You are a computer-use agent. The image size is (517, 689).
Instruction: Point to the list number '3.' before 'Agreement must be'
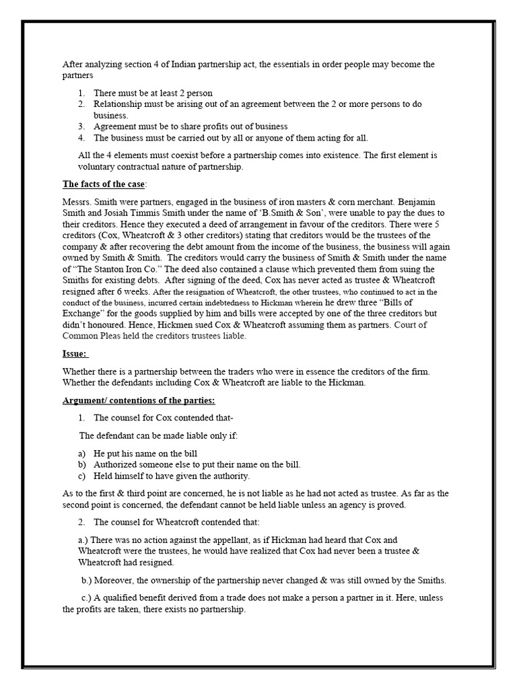coord(81,126)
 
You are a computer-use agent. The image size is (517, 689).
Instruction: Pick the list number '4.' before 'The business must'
coord(81,138)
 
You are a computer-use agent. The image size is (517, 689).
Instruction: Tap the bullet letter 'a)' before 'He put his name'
coord(81,454)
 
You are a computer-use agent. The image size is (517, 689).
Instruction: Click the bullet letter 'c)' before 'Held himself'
coord(81,476)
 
